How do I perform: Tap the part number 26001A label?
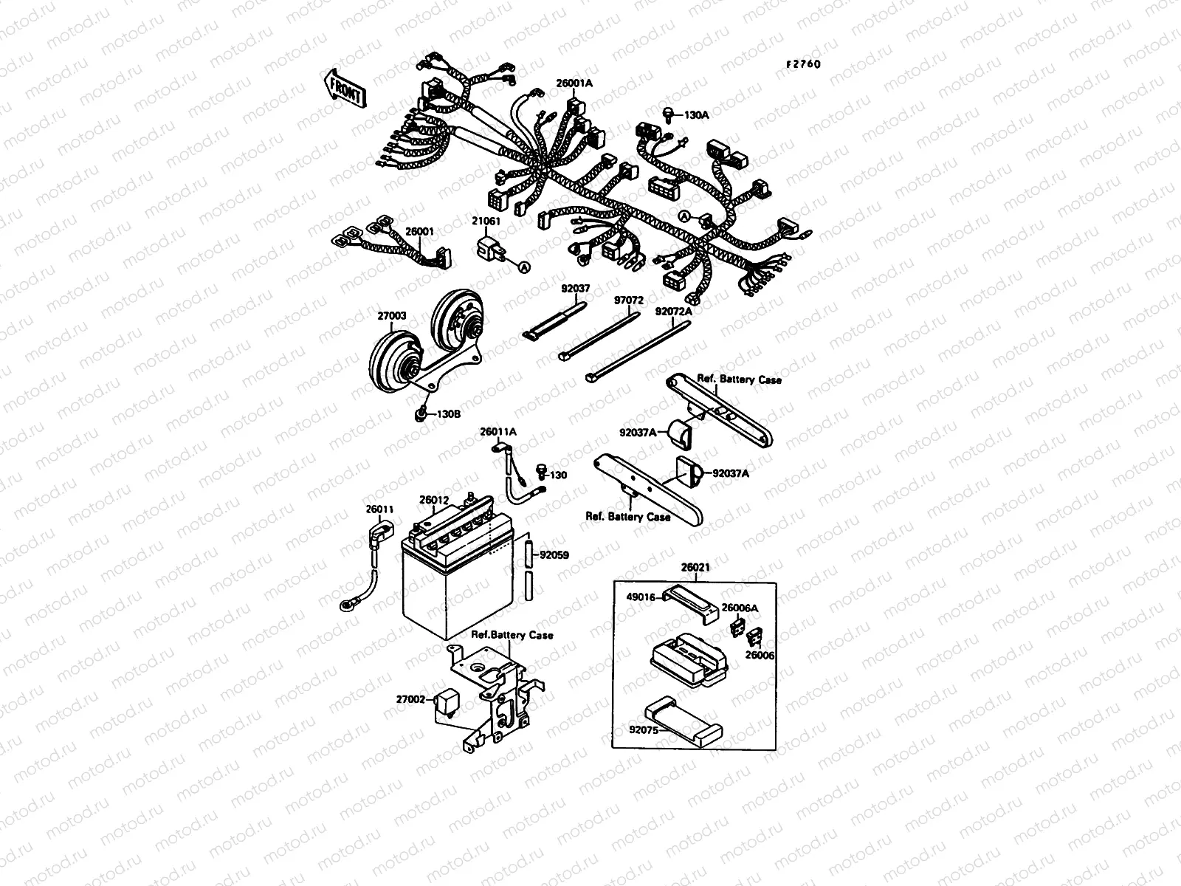[574, 84]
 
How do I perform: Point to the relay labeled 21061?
[491, 248]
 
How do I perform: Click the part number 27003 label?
[391, 315]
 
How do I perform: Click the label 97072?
[629, 301]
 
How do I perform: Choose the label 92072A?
[674, 312]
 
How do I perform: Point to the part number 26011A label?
[498, 431]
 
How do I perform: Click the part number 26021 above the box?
[695, 568]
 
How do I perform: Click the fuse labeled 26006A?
[734, 628]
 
